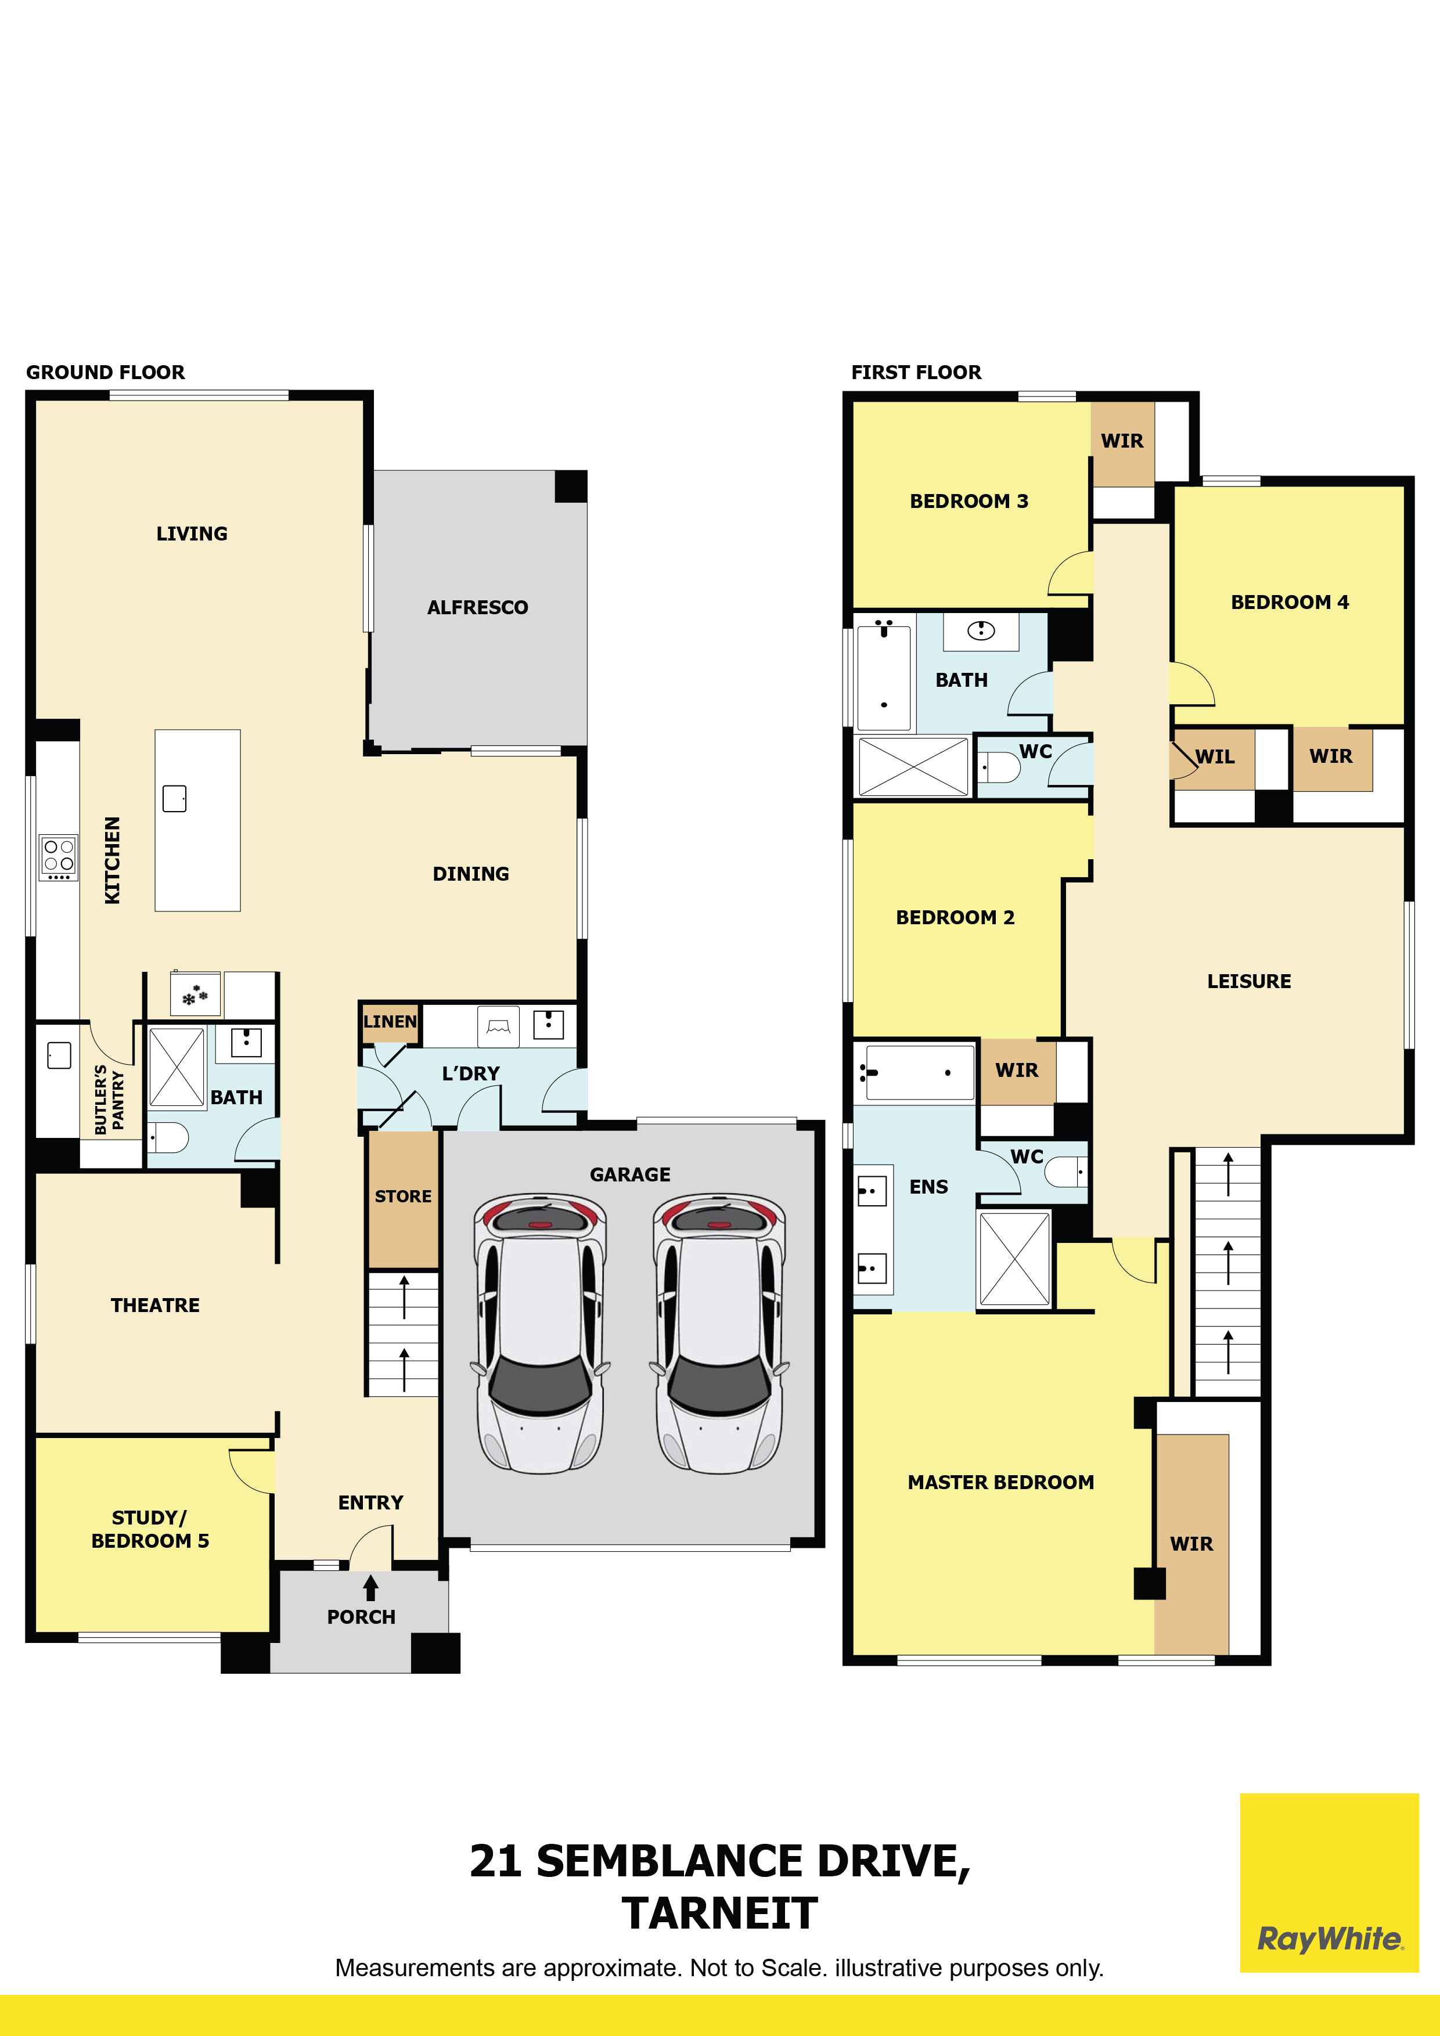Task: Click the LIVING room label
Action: point(192,534)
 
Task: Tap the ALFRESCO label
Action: point(477,607)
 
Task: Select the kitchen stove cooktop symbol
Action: point(59,857)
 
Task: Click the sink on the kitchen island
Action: point(175,798)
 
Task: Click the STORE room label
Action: point(402,1197)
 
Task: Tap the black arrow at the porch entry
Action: point(370,1587)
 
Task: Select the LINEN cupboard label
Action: point(389,1022)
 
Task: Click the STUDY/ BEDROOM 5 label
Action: point(150,1529)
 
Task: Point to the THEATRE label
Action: point(155,1305)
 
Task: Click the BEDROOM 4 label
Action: point(1289,602)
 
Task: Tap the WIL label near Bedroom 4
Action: point(1215,757)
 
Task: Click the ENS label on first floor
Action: point(928,1187)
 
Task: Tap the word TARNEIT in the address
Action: point(719,1913)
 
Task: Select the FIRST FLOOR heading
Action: point(916,373)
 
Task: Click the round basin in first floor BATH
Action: point(981,630)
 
